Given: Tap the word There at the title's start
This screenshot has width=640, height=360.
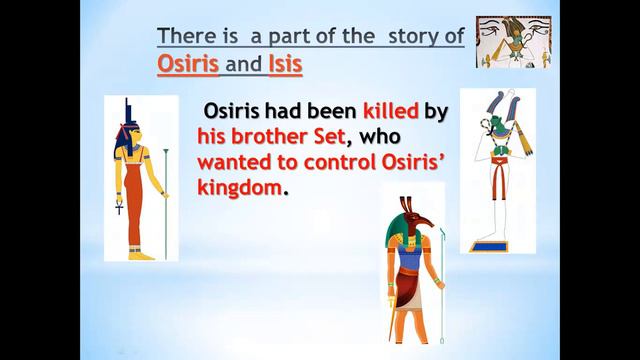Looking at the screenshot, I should (x=188, y=37).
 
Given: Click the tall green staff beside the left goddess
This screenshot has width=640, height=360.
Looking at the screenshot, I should (x=165, y=200).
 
